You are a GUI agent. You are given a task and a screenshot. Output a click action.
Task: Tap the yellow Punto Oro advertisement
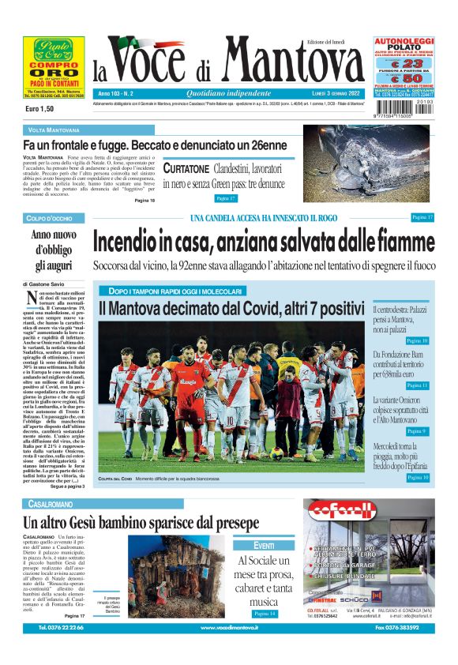click(x=54, y=66)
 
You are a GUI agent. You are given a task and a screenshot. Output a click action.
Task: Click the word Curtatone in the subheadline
click(x=186, y=168)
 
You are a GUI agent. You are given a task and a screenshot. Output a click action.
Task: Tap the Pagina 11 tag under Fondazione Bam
click(x=417, y=385)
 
